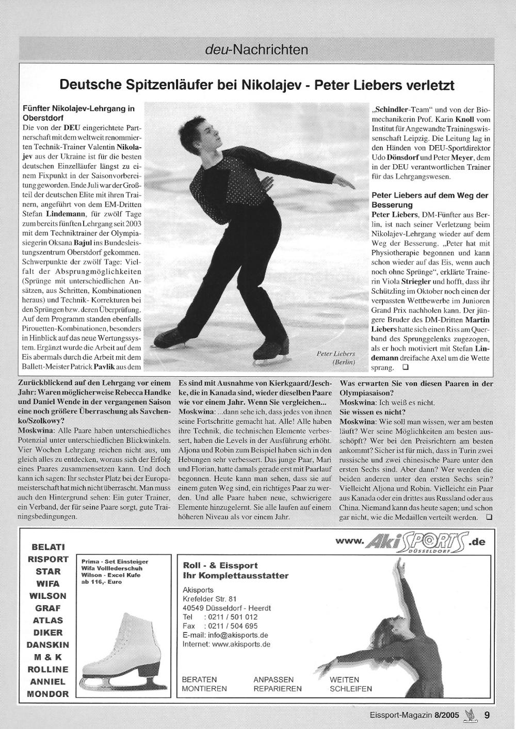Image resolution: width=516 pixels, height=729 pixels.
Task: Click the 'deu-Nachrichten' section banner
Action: coord(256,50)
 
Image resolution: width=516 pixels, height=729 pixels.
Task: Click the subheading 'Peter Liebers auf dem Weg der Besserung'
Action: coord(429,200)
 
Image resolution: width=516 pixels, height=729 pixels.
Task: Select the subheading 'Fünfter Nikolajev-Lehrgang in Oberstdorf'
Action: coord(78,113)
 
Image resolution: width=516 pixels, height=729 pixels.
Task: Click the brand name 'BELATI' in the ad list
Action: coord(48,547)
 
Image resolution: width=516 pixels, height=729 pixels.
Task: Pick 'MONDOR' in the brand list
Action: coord(48,694)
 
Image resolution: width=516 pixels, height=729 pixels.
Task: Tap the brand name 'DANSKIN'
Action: coord(48,645)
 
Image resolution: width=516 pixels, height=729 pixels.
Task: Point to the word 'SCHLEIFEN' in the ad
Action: coord(351,689)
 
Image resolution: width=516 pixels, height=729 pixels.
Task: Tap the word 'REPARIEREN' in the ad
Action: coord(278,689)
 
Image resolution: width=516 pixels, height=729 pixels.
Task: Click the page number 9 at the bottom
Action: coord(487,716)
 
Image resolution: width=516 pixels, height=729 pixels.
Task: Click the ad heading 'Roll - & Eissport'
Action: coord(220,565)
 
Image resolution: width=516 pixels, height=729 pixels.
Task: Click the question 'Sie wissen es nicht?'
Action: coord(372,412)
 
